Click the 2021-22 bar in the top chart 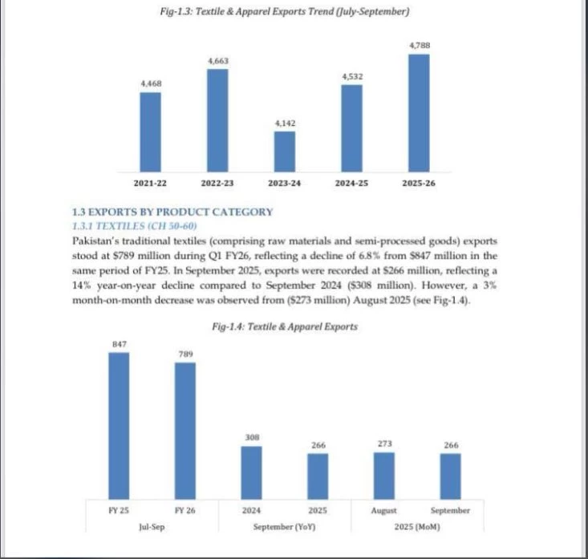pos(151,132)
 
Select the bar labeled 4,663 pos(217,120)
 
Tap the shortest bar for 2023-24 pos(284,152)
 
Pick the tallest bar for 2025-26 pos(419,113)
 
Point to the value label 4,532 pos(351,76)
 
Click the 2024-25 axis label pos(351,184)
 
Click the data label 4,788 pos(419,46)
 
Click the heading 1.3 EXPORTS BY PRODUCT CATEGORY pos(172,212)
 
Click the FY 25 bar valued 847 pos(119,425)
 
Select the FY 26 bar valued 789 pos(185,430)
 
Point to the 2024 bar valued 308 pos(251,472)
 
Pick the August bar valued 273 pos(384,475)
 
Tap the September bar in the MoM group pos(451,476)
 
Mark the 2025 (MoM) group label pos(417,527)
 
